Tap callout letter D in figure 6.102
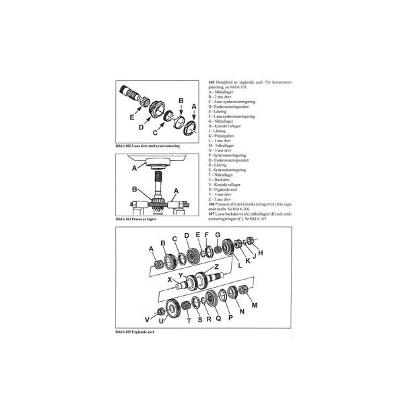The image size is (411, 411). point(141,126)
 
